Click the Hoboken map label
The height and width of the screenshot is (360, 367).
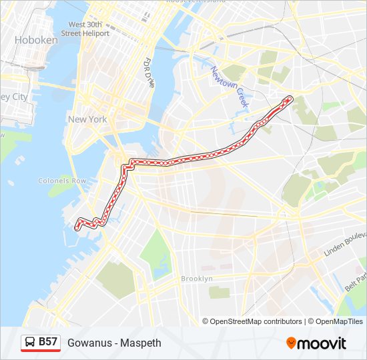pos(37,40)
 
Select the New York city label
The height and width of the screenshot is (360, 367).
pos(87,119)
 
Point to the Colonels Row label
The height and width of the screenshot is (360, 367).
pos(62,181)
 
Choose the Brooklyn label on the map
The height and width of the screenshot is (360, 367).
pos(197,278)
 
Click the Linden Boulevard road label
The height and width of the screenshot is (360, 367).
pos(345,245)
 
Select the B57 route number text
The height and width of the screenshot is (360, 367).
pos(48,342)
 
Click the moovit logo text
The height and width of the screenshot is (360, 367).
pos(322,343)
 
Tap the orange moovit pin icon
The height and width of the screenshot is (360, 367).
pos(291,343)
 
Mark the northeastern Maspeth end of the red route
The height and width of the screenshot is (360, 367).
pos(289,99)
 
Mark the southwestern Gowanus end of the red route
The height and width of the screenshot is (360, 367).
pos(79,227)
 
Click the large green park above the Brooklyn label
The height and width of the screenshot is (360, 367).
pos(156,253)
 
